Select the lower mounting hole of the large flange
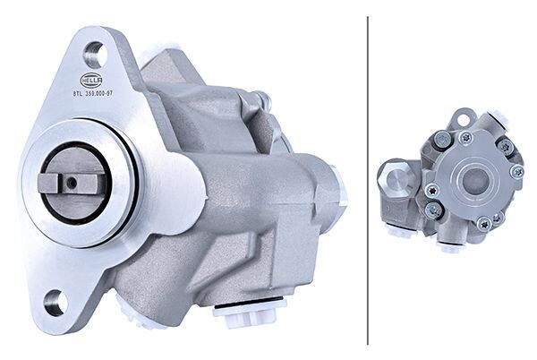[55, 303]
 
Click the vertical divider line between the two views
[368, 179]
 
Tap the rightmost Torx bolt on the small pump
[516, 172]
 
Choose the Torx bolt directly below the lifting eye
[465, 138]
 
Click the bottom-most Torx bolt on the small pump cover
[483, 223]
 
